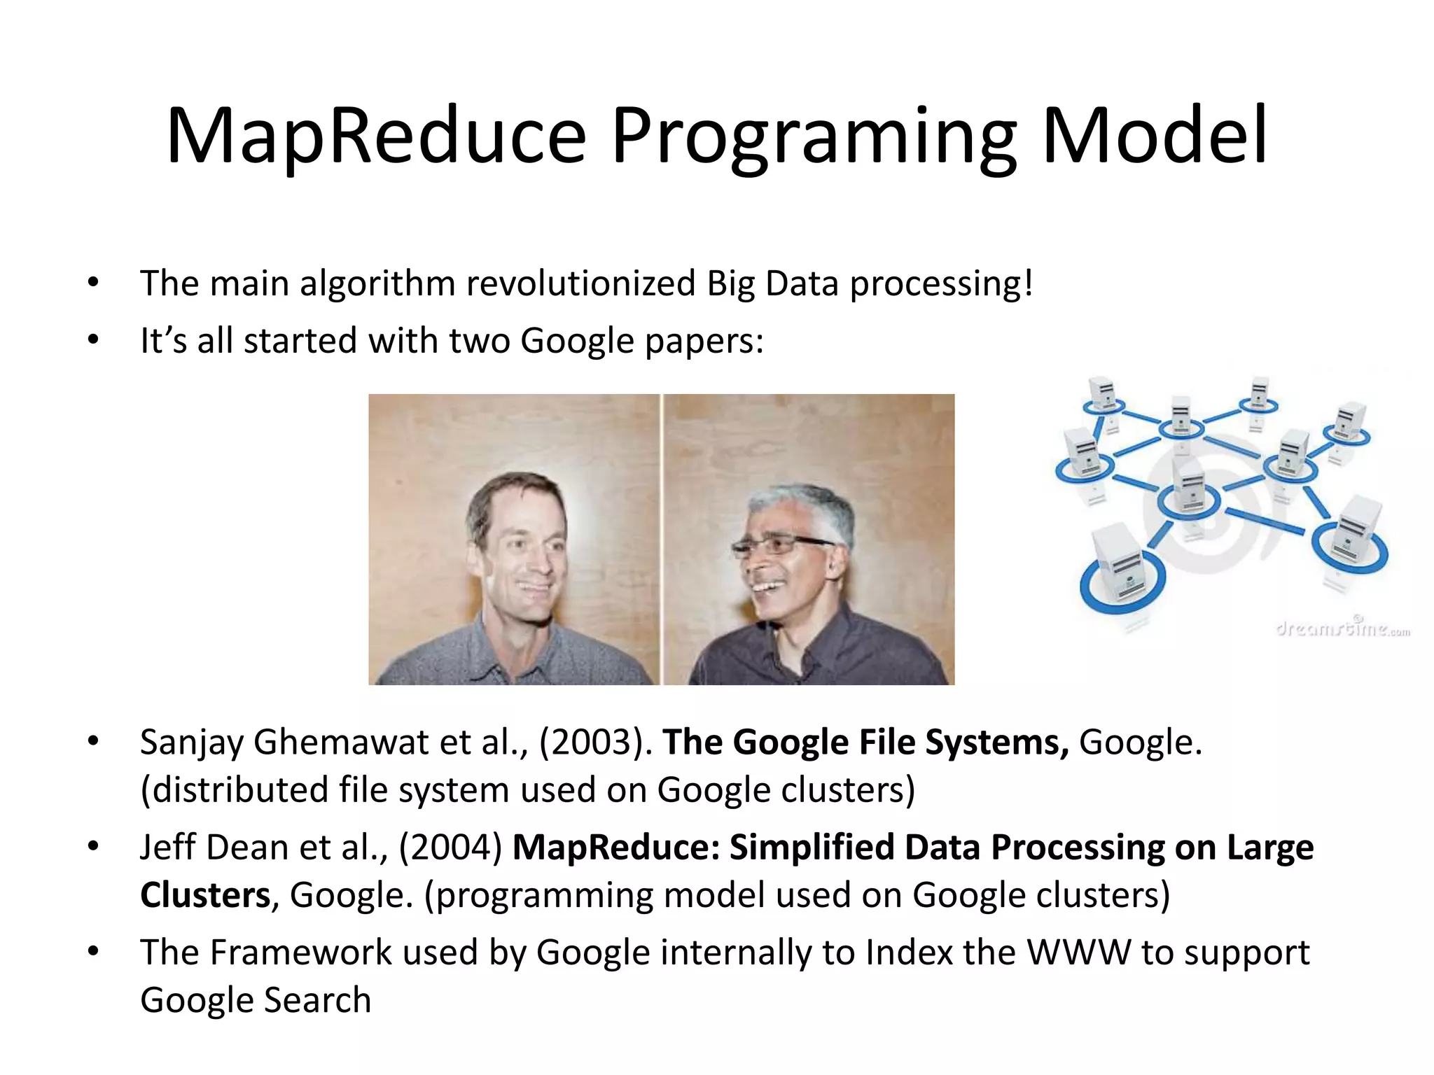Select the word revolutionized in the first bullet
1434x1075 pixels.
tap(580, 284)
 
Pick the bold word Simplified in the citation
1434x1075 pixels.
tap(812, 848)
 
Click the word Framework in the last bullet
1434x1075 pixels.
tap(300, 953)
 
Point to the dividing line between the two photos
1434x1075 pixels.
tap(661, 539)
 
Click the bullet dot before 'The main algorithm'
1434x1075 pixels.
tap(93, 284)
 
